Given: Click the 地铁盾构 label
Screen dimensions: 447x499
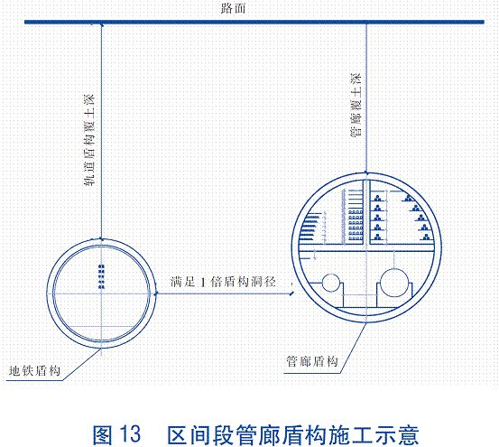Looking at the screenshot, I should (x=34, y=370).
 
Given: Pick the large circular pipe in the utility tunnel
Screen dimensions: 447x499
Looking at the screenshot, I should (x=395, y=285).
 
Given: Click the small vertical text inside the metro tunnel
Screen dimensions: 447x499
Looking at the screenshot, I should (x=101, y=275).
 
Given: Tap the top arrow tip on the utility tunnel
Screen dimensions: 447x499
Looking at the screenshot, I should (x=367, y=171).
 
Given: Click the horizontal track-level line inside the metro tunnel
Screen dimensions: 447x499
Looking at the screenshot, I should (x=101, y=327).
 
